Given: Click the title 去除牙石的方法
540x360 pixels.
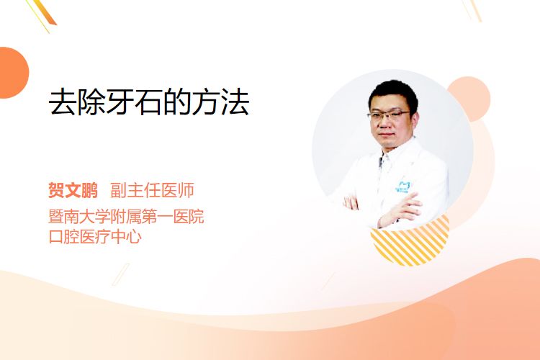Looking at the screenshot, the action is pos(149,102).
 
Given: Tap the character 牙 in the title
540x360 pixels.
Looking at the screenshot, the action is pos(120,102).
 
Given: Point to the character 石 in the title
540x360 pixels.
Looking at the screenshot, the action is pos(148,102).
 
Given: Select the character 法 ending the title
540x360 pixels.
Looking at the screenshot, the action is pos(235,102).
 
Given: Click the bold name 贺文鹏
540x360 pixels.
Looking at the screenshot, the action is pos(73,190).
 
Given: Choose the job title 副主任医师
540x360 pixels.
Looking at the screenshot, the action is pos(152,190).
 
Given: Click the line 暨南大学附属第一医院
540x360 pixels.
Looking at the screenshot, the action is pos(127,216).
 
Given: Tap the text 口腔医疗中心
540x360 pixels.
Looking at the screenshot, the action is pos(95,237).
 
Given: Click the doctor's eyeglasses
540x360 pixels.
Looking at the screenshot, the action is pos(389,115).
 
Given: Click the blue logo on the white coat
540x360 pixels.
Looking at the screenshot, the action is pos(402,186).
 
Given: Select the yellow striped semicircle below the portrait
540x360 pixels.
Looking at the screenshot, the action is pos(410,243).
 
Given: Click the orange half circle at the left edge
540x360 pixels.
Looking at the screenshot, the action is pos(13,73).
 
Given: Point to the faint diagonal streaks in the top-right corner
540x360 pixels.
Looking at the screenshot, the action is pos(472,9).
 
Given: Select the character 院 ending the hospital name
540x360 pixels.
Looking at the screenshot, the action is pos(197,216).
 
